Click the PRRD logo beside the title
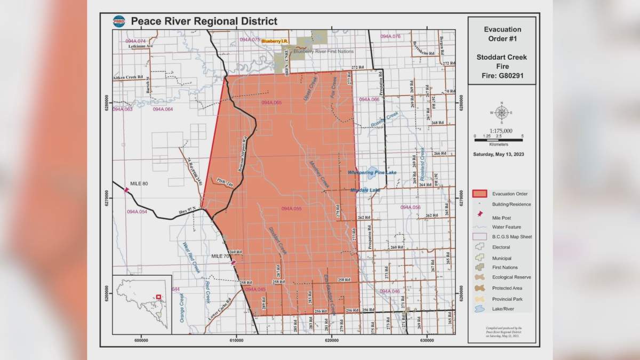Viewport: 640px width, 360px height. [x=118, y=21]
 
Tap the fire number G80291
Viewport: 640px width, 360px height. [x=502, y=76]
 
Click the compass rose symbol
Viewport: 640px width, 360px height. [x=501, y=113]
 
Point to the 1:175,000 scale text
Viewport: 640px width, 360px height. [x=501, y=131]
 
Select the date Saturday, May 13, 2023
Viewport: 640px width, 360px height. [x=501, y=155]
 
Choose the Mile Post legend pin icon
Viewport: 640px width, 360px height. [x=480, y=214]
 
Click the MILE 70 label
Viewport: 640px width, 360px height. [x=220, y=257]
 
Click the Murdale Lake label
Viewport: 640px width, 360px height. [x=366, y=190]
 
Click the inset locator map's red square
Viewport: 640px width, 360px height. [x=158, y=297]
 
